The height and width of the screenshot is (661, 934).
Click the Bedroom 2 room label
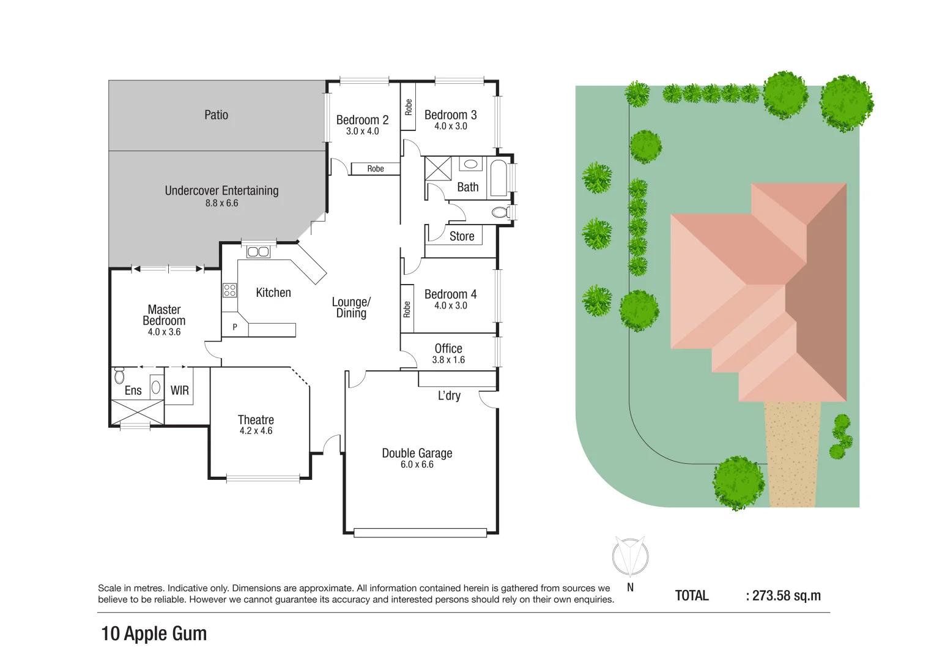click(x=362, y=120)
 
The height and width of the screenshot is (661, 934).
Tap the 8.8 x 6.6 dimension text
click(x=221, y=203)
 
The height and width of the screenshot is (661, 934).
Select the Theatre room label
click(x=256, y=420)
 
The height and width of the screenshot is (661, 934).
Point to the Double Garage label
click(x=417, y=454)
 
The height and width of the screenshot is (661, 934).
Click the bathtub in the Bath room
click(x=499, y=177)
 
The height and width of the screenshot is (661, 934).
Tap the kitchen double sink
click(x=258, y=252)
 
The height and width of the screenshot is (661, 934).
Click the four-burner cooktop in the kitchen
click(x=230, y=290)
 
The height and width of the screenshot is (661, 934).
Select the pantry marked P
click(x=235, y=327)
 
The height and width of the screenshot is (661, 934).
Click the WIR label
click(x=179, y=390)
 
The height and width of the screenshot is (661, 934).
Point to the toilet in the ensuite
click(x=119, y=375)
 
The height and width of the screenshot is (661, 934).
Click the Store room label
click(x=462, y=236)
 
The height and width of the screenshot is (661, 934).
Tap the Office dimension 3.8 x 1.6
click(x=448, y=360)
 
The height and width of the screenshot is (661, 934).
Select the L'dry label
click(x=449, y=396)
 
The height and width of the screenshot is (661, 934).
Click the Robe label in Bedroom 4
click(x=407, y=309)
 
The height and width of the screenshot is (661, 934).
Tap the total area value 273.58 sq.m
click(x=787, y=596)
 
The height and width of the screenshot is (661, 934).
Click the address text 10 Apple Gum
click(x=154, y=633)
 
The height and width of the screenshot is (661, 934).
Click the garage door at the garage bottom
click(x=420, y=533)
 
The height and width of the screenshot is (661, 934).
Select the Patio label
click(x=216, y=115)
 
